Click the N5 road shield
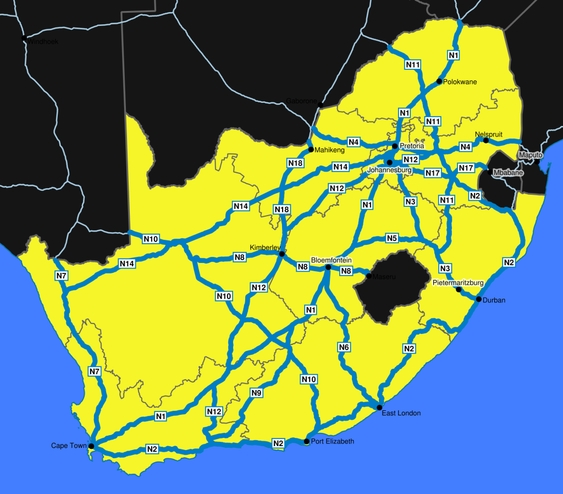[391, 238]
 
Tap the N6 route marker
[344, 347]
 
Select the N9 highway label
[256, 393]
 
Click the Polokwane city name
[460, 82]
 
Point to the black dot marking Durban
[479, 299]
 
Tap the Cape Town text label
[69, 446]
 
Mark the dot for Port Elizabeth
[307, 441]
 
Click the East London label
[401, 413]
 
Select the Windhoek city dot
[24, 39]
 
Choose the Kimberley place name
[265, 246]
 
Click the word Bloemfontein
[331, 260]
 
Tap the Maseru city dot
[368, 275]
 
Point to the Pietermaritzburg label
[458, 283]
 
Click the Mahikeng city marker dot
[311, 150]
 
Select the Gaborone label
[301, 101]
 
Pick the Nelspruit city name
[488, 134]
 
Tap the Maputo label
[531, 155]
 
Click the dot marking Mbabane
[489, 172]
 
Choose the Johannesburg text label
[389, 171]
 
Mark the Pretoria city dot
[395, 146]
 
